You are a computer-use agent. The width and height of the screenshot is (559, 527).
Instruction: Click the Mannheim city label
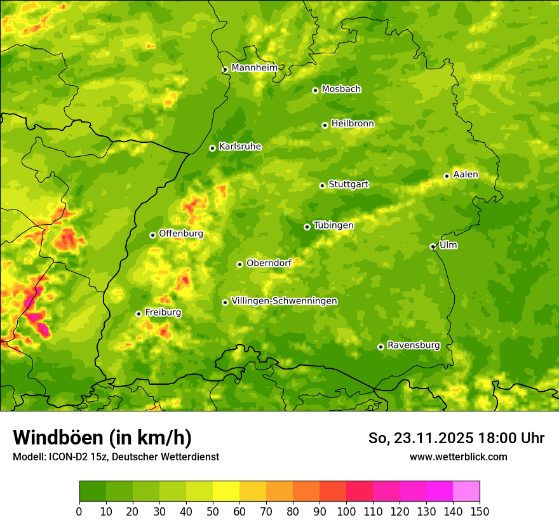pos(254,68)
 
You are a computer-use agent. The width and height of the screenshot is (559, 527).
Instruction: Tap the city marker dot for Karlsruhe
pos(212,148)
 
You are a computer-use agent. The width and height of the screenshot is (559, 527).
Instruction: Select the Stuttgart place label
pos(348,185)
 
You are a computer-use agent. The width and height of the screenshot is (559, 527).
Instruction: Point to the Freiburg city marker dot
pos(138,314)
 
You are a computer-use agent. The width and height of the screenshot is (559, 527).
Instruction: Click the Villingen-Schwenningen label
pos(284,301)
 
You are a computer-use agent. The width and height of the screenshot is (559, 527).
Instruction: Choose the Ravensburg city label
pos(413,345)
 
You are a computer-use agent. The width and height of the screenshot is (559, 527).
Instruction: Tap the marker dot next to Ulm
pos(433,246)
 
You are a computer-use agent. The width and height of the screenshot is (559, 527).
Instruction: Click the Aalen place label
pos(466,175)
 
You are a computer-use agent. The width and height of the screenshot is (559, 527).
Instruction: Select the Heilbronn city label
pos(353,124)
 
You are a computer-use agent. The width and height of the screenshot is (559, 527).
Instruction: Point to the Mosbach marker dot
pos(315,90)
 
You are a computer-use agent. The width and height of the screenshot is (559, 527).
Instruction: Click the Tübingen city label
pos(333,225)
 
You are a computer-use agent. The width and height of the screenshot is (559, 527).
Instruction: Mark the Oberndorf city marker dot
pos(239,264)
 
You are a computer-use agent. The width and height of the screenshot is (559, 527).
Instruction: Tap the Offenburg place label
pos(181,234)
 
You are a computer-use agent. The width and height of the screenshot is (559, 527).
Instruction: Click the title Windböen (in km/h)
pos(102,437)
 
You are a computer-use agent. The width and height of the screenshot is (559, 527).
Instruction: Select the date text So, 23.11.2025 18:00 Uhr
pos(456,438)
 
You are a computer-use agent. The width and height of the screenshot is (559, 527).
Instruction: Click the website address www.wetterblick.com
pos(458,457)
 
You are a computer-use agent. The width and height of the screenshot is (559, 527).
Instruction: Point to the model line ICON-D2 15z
pos(116,457)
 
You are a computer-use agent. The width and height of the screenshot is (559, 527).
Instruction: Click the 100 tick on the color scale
pos(346,511)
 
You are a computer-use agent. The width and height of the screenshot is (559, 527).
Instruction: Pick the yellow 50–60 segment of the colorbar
pos(226,491)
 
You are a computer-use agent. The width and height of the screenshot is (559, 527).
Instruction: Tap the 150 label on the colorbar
pos(480,511)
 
